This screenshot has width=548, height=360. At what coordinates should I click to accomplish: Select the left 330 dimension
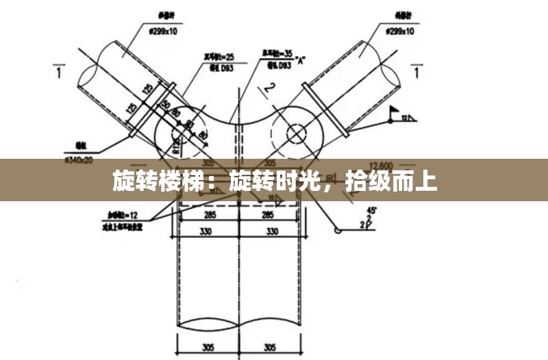(206, 231)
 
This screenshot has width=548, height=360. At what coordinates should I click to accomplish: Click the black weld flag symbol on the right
(395, 110)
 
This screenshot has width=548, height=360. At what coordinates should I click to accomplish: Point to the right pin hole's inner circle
(296, 132)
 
